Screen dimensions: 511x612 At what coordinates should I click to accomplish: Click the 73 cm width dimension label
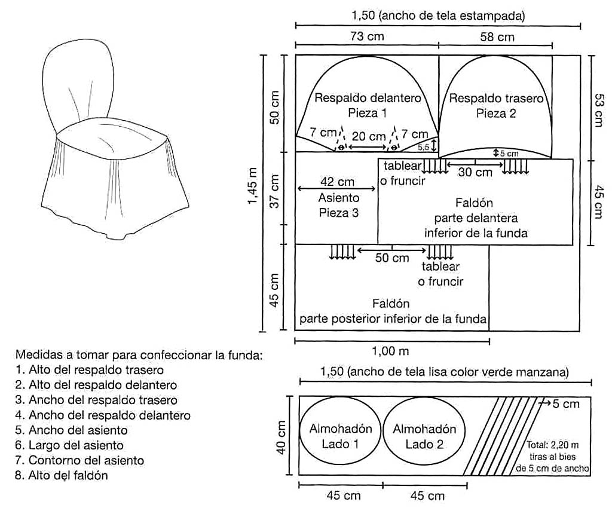(x=367, y=36)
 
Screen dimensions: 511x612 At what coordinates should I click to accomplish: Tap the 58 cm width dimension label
(x=497, y=36)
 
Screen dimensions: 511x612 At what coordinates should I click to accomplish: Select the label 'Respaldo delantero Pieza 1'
(x=368, y=105)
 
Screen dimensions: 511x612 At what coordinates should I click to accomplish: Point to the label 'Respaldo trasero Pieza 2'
(x=496, y=105)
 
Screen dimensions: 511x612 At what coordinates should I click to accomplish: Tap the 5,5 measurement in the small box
(x=424, y=146)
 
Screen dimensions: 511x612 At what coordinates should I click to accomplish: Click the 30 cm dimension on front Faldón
(x=475, y=172)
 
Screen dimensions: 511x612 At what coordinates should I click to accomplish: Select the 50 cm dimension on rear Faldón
(x=392, y=258)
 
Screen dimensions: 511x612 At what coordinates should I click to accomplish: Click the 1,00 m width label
(x=391, y=350)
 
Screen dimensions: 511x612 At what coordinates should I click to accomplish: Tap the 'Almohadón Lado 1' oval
(x=340, y=436)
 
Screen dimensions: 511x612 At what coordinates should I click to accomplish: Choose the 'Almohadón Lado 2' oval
(x=424, y=436)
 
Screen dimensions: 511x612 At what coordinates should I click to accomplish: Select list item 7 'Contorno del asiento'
(x=80, y=460)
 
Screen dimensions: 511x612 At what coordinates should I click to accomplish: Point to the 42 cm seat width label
(x=338, y=182)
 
